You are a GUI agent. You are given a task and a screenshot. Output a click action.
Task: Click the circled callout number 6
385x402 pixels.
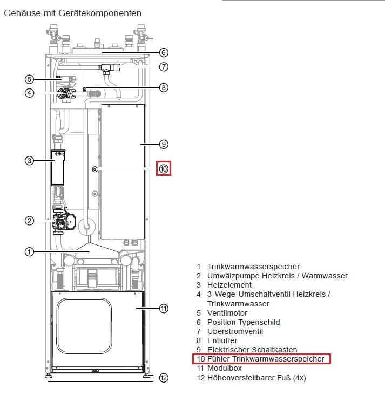[x=164, y=52]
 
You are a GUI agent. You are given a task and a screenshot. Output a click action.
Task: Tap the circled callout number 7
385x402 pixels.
[x=164, y=67]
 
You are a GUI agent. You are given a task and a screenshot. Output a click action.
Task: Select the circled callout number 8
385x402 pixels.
[x=164, y=87]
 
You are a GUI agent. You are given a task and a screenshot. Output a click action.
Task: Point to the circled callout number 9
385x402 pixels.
[x=164, y=144]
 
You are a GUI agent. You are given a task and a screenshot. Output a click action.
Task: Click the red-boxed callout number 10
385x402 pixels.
[x=164, y=169]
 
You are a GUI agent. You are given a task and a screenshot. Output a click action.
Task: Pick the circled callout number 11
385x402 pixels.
[x=164, y=309]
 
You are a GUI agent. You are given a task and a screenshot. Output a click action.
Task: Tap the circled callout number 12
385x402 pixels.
[x=164, y=378]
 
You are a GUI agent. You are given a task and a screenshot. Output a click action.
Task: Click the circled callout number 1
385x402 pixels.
[x=29, y=252]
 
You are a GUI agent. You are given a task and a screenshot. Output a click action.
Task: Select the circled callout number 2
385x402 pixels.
[x=29, y=221]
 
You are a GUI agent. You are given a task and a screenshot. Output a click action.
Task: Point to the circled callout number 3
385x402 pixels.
[x=29, y=161]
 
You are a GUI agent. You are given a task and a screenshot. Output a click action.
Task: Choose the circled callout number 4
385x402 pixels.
[x=29, y=93]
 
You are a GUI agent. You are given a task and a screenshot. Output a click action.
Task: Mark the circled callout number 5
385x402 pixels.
[x=29, y=79]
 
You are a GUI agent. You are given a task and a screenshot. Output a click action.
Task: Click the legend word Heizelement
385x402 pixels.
[x=229, y=285]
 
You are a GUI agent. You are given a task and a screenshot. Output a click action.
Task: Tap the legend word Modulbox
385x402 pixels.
[x=225, y=368]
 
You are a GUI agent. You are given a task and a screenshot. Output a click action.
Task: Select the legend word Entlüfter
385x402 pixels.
[x=222, y=340]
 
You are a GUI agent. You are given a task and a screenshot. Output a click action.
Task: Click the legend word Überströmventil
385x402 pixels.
[x=235, y=331]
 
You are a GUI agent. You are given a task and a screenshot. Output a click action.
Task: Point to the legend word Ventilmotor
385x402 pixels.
[x=227, y=313]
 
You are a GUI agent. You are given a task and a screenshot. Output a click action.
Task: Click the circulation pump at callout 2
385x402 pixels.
[x=64, y=222]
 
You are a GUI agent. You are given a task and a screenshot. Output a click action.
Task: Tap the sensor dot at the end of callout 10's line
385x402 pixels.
[x=95, y=169]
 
